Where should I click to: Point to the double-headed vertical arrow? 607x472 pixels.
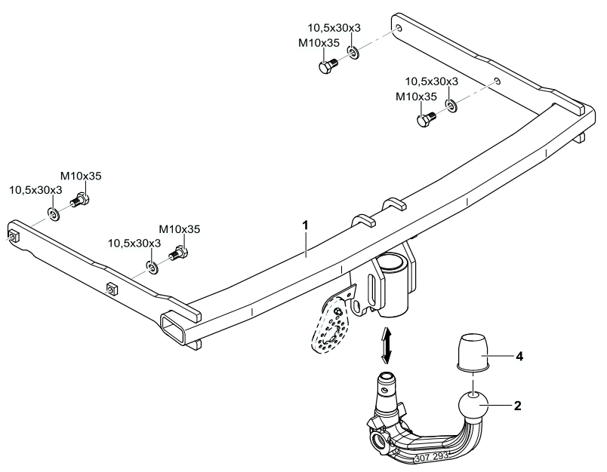[387, 345]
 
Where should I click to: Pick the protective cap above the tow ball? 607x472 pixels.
[472, 352]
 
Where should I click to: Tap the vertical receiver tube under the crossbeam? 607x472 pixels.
[393, 287]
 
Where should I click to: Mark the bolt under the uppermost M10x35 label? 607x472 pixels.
[325, 66]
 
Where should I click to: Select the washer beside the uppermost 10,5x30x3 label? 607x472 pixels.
[353, 52]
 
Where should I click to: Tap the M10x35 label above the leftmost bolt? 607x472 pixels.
[81, 176]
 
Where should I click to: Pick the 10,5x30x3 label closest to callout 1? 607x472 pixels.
[135, 243]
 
